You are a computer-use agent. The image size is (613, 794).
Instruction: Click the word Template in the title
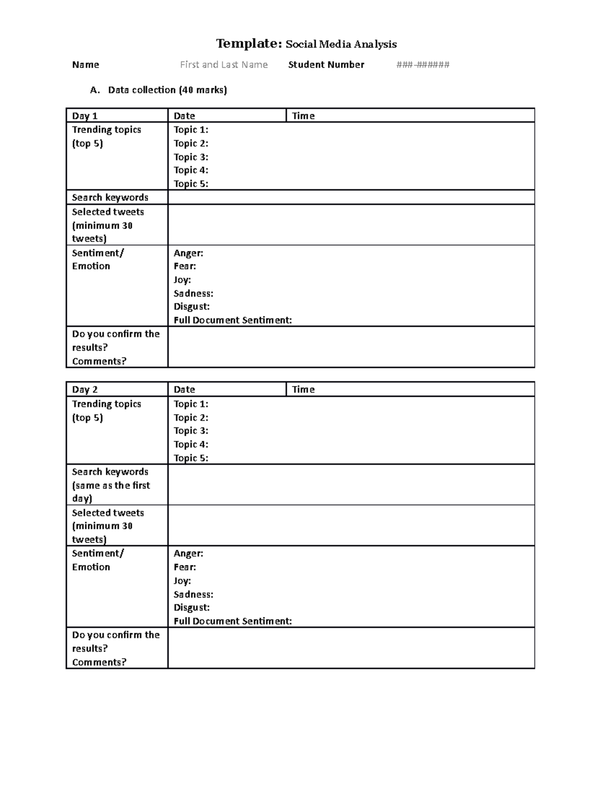(x=248, y=44)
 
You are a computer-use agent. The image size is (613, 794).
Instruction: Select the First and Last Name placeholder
(x=224, y=64)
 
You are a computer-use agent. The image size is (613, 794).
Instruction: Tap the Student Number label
(x=326, y=64)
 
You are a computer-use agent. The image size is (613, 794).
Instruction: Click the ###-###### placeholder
(x=423, y=64)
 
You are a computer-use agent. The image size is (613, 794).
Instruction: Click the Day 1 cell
(x=85, y=116)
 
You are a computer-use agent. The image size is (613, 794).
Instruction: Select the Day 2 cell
(x=85, y=390)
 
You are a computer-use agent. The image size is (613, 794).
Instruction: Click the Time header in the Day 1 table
(x=303, y=116)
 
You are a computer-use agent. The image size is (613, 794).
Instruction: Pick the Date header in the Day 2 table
(x=184, y=390)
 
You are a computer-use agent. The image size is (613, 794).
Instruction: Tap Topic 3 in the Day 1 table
(x=191, y=157)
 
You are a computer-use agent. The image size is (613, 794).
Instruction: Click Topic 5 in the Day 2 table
(x=191, y=458)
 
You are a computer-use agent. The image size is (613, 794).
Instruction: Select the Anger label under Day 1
(x=188, y=253)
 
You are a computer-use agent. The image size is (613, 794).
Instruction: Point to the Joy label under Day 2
(x=182, y=581)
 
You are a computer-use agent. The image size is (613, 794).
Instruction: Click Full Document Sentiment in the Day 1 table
(x=232, y=320)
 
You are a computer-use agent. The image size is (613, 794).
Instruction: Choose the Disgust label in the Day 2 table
(x=192, y=607)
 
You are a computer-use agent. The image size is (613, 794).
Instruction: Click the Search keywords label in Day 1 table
(x=110, y=197)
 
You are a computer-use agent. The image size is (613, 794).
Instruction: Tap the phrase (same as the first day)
(x=111, y=492)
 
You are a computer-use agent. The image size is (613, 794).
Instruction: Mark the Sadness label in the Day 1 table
(x=193, y=293)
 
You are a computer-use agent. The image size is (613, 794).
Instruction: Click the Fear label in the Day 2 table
(x=184, y=567)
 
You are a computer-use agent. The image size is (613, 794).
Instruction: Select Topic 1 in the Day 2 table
(x=191, y=404)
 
